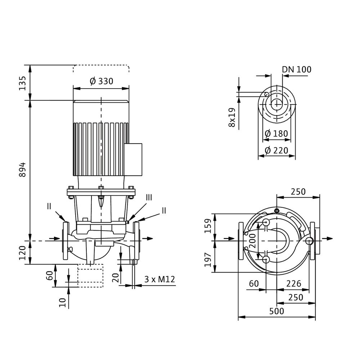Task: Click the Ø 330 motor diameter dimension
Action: [x=101, y=81]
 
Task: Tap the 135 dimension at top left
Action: [x=22, y=83]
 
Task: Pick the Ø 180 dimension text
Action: [x=276, y=134]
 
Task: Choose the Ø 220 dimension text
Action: [x=276, y=150]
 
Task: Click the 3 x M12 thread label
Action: [x=157, y=279]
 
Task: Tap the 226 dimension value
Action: [x=293, y=284]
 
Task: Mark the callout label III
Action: [x=149, y=197]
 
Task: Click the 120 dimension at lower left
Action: [x=22, y=253]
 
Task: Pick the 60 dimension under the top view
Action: [x=254, y=284]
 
